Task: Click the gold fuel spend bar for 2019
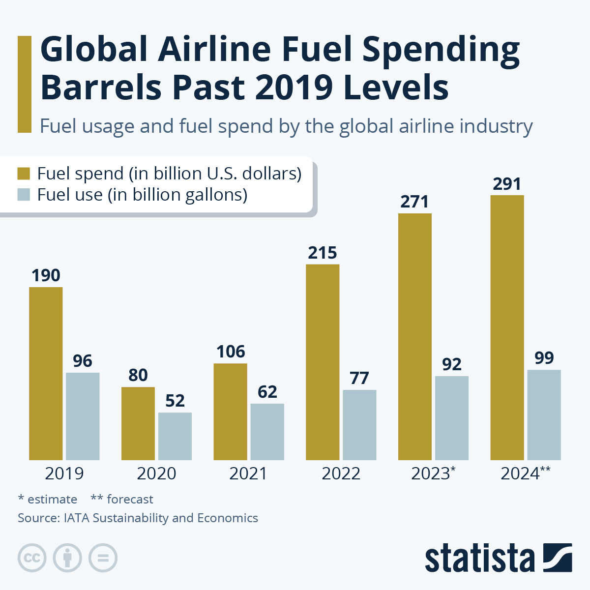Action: point(46,374)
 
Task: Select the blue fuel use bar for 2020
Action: point(175,436)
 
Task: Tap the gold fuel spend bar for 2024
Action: point(507,327)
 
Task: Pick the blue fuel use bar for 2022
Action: point(359,425)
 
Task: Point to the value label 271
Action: point(414,202)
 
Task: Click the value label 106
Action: point(231,352)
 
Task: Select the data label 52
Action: point(175,401)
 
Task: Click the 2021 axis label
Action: point(248,473)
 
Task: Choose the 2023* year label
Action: point(433,473)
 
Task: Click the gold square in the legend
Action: point(24,174)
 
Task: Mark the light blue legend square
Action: point(24,195)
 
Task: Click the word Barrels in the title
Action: point(101,88)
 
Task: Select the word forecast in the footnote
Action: point(130,500)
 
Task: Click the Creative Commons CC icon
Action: point(32,558)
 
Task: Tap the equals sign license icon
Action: point(103,558)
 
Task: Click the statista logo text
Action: point(479,559)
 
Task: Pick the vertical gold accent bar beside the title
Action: point(24,84)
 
